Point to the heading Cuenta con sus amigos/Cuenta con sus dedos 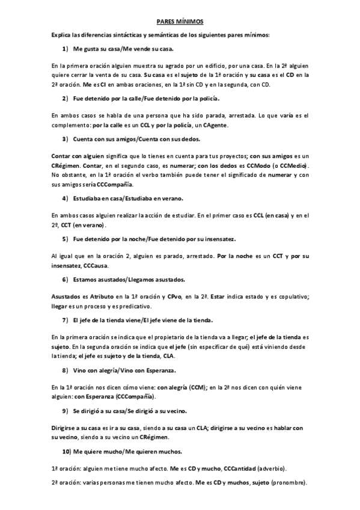click(x=142, y=139)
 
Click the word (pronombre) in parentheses click(x=288, y=483)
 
